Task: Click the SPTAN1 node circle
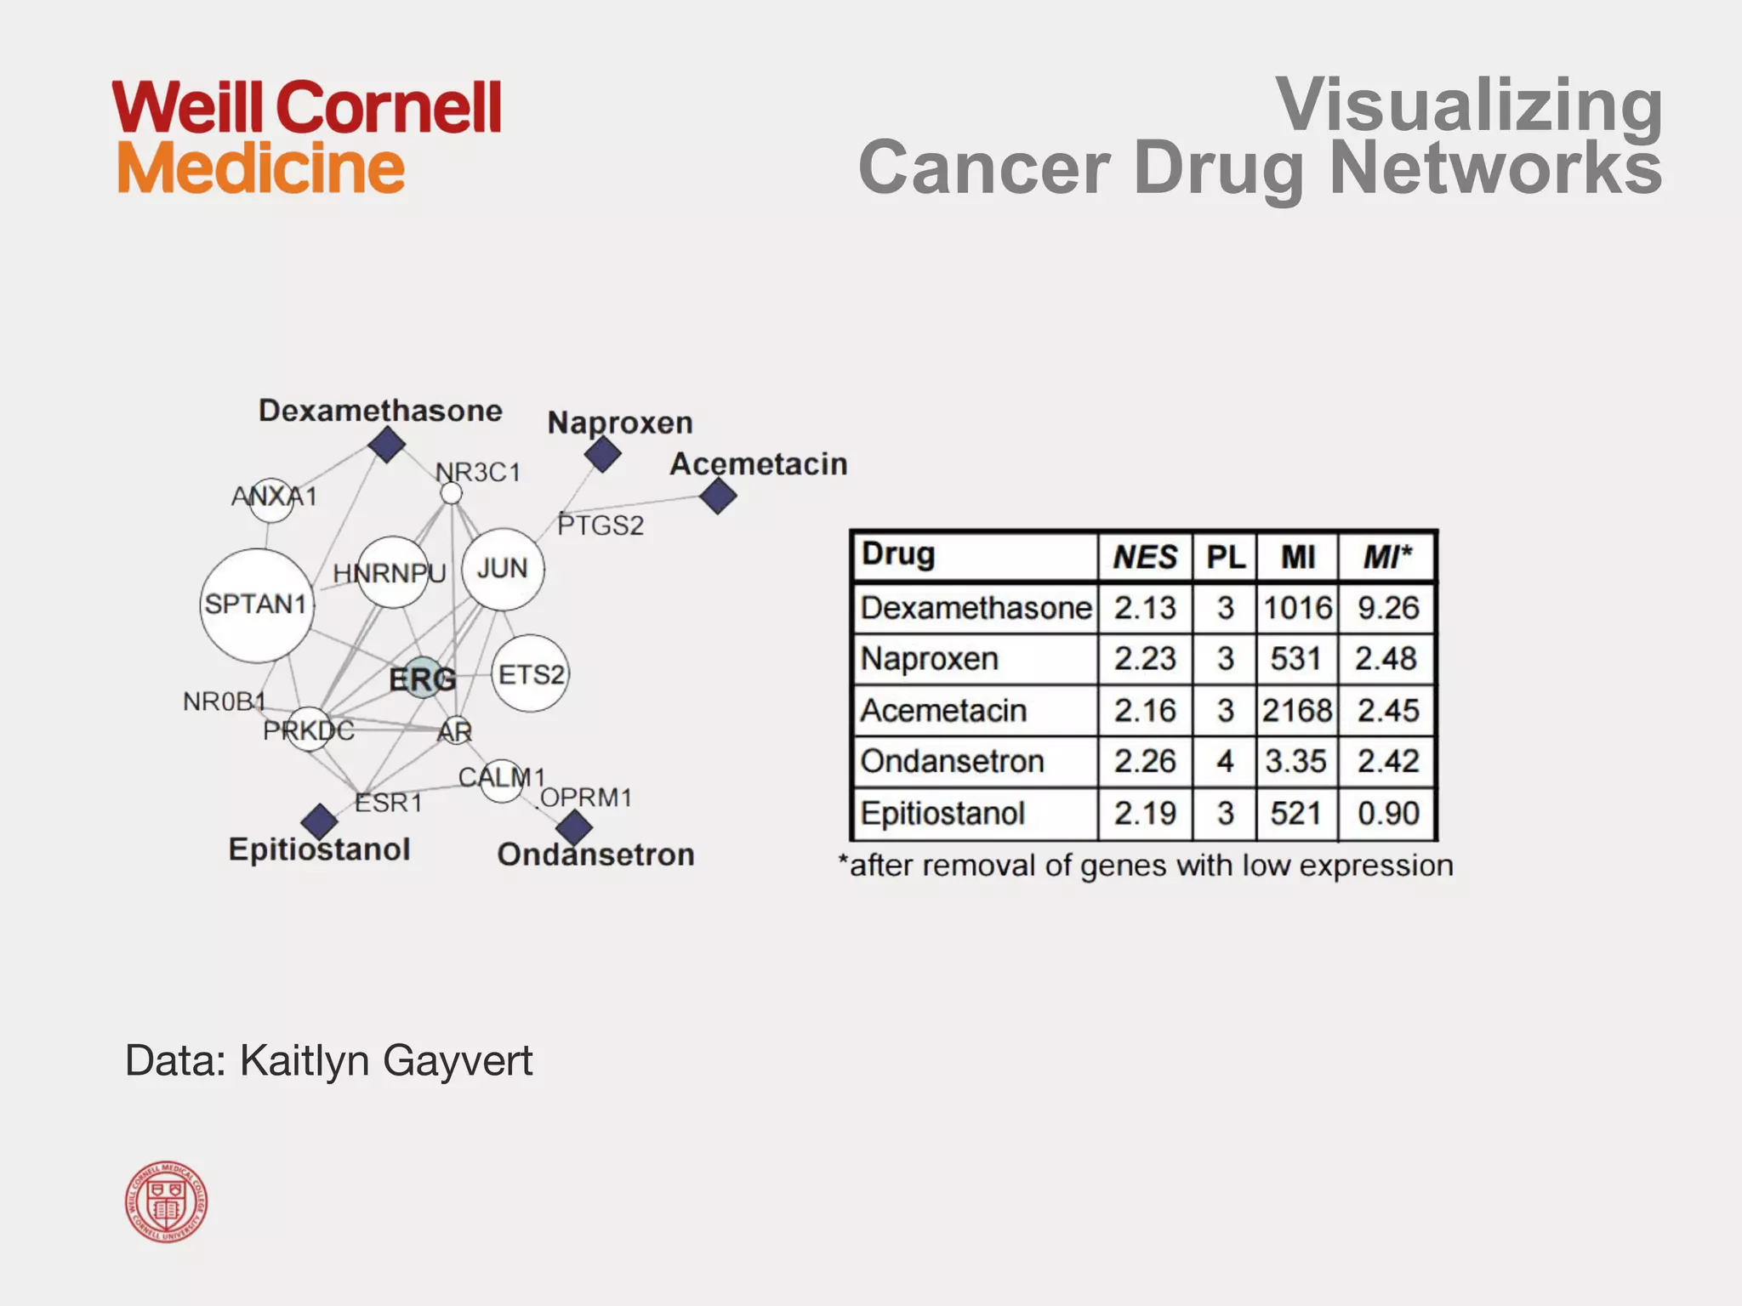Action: [257, 605]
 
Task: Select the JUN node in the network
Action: [503, 569]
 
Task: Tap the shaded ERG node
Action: [423, 678]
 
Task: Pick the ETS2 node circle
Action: [530, 673]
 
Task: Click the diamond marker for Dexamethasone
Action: [387, 445]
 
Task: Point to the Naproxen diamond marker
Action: [603, 455]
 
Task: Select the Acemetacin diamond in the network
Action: [718, 496]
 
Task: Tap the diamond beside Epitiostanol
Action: [320, 821]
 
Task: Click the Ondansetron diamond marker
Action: [574, 826]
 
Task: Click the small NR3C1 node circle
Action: [452, 493]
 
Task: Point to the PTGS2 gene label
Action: [601, 525]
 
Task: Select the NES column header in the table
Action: [1145, 558]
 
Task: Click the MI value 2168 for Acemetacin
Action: [1296, 710]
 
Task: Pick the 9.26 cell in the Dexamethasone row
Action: [1388, 608]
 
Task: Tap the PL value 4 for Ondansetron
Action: [1225, 761]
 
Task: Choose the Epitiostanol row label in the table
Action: [942, 814]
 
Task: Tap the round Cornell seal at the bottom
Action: [167, 1201]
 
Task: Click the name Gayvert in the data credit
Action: [458, 1060]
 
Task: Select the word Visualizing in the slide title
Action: [1469, 105]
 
